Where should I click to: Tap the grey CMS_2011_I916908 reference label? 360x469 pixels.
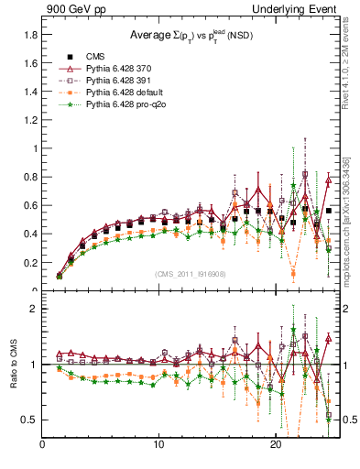191,273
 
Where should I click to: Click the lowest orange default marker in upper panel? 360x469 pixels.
293,273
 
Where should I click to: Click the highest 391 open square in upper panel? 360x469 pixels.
305,174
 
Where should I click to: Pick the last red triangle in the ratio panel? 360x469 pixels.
328,338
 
